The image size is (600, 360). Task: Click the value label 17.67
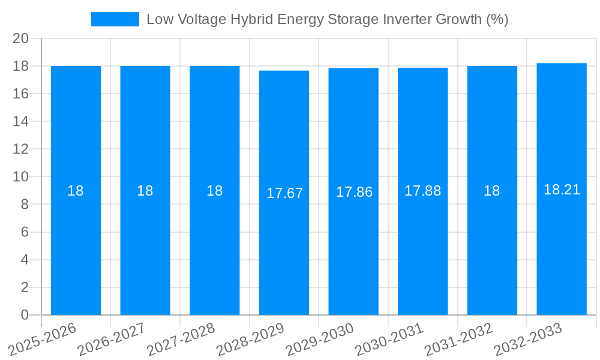click(x=284, y=193)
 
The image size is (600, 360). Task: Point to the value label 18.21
click(x=562, y=190)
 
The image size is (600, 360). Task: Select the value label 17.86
click(x=354, y=192)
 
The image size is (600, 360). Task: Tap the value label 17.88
click(x=422, y=191)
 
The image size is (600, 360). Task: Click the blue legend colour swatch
click(x=115, y=19)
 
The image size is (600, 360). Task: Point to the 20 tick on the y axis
click(x=21, y=38)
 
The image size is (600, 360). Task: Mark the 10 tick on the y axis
click(x=21, y=177)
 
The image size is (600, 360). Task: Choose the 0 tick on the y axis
click(x=25, y=315)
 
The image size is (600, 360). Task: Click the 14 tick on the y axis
click(x=21, y=121)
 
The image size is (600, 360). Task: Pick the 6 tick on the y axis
click(x=25, y=232)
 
